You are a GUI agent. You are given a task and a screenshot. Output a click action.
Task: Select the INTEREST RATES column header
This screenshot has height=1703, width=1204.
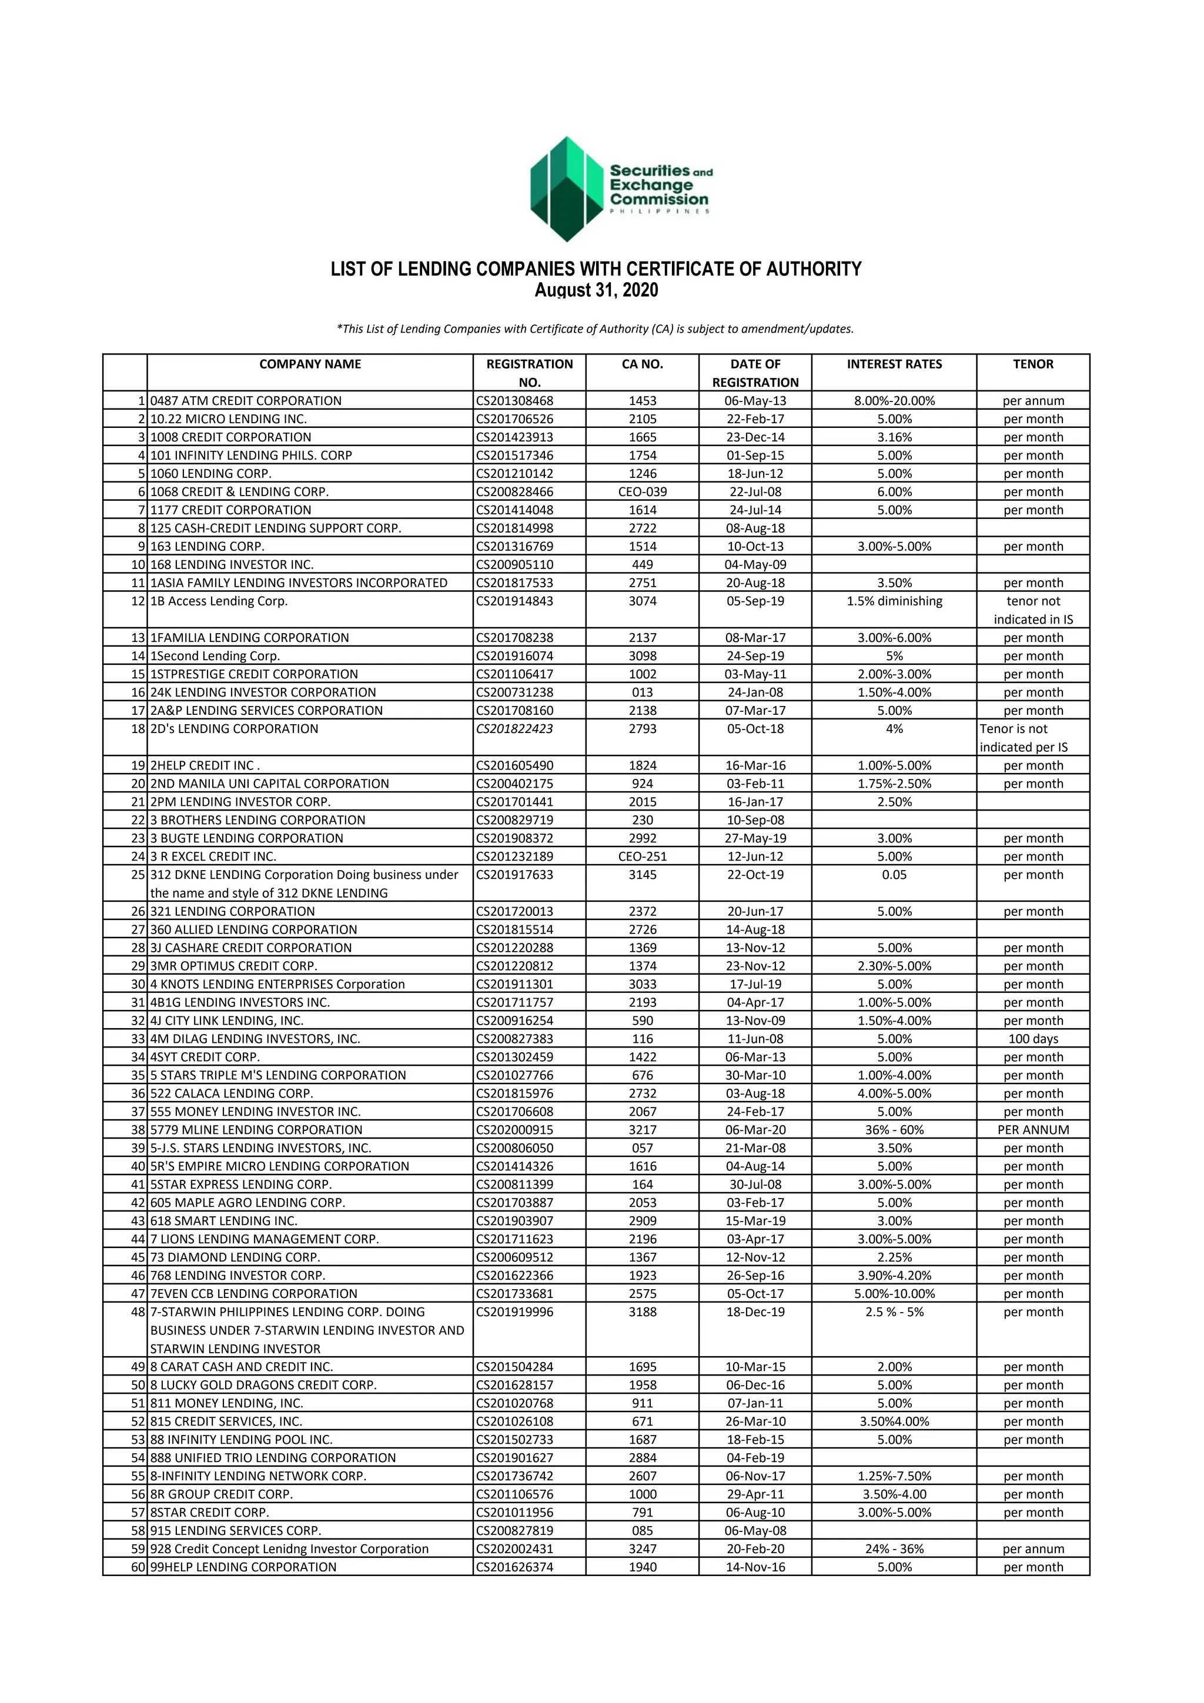tap(894, 364)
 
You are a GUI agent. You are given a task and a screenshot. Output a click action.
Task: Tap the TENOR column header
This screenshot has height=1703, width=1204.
tap(1033, 364)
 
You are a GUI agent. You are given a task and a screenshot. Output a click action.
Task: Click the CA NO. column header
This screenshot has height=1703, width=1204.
tap(642, 364)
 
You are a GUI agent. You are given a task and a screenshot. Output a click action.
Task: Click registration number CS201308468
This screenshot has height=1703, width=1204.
tap(515, 400)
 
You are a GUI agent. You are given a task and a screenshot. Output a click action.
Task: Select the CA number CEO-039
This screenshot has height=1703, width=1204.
tap(642, 492)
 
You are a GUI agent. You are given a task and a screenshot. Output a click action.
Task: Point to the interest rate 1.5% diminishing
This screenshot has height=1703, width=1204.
tap(894, 601)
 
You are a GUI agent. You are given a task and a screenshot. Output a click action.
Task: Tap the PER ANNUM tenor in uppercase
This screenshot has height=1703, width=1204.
tap(1033, 1130)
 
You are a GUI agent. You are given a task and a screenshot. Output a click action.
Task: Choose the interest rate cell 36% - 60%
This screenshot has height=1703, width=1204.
tap(894, 1130)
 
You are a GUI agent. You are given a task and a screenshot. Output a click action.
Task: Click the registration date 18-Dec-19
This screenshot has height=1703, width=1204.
tap(755, 1311)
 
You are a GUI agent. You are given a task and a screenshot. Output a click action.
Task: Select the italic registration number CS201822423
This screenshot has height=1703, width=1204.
tap(515, 728)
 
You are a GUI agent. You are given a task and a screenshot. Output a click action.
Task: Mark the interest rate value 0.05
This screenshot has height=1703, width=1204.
tap(894, 875)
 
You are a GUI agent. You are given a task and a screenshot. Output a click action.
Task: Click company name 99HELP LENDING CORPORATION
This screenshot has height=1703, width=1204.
tap(243, 1567)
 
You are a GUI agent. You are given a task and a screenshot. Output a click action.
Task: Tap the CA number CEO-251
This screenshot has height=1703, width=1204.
tap(642, 856)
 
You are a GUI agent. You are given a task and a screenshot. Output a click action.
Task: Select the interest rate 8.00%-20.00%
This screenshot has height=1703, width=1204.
tap(894, 400)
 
